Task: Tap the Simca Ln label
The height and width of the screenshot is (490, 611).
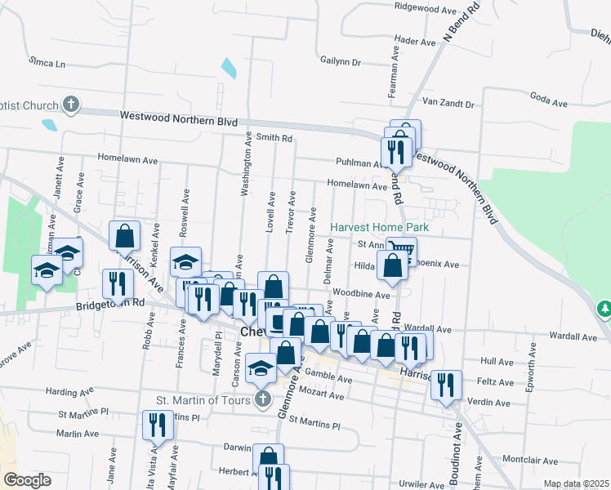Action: click(x=47, y=62)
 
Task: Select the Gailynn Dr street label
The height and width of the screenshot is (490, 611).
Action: click(x=341, y=61)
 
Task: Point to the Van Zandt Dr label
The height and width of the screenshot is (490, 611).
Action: click(x=448, y=104)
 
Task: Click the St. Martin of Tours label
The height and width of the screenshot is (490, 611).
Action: click(x=204, y=400)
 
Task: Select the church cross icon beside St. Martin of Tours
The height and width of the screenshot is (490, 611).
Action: click(x=262, y=399)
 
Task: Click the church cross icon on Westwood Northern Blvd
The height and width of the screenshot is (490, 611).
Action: click(x=71, y=105)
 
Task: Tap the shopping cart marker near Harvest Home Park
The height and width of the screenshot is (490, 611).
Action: click(x=401, y=248)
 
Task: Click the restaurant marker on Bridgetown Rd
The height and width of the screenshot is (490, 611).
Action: click(x=118, y=283)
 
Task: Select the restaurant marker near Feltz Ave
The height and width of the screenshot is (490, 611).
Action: click(x=446, y=384)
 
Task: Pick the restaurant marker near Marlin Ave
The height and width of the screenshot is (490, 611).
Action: click(x=157, y=424)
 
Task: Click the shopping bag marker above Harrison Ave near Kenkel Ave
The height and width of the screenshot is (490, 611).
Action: click(x=124, y=236)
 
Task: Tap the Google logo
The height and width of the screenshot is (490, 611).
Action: click(x=27, y=480)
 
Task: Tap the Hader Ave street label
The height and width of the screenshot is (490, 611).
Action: click(x=415, y=41)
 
